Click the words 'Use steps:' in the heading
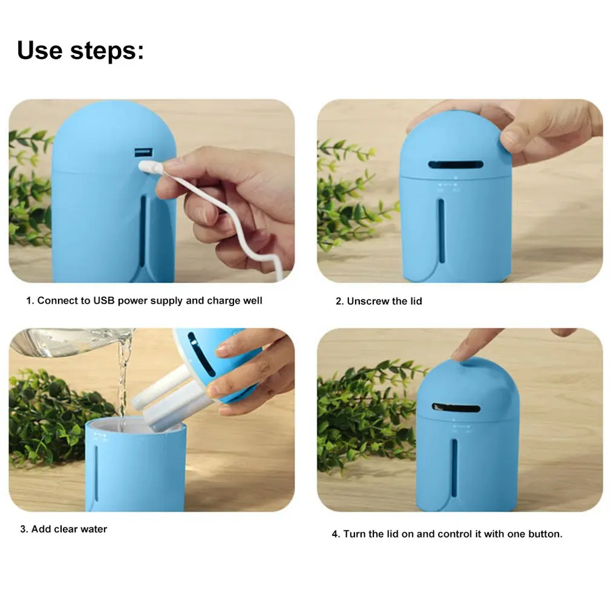80,51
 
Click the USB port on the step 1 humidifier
143,152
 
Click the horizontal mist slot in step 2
456,165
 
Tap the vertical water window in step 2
442,230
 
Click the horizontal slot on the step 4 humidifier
456,408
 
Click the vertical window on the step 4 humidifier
454,468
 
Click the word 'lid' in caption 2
416,301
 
